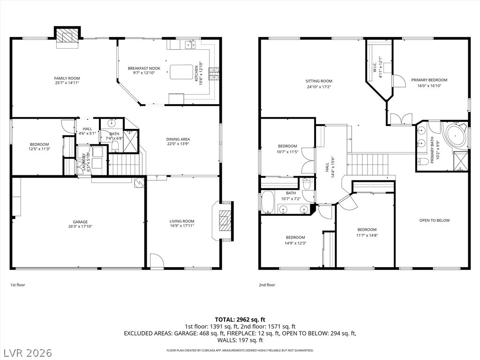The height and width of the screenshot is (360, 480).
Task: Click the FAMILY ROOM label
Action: [67, 78]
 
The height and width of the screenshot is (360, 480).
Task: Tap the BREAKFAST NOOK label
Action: [144, 68]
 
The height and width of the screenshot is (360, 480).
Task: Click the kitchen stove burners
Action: [214, 74]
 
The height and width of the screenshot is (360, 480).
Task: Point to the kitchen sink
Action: [190, 45]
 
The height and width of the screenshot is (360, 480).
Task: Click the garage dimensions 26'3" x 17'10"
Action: [80, 226]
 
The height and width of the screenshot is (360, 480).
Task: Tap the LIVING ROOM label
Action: [182, 221]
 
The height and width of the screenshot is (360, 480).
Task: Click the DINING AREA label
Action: [178, 139]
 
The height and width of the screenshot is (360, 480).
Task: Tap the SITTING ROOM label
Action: [319, 81]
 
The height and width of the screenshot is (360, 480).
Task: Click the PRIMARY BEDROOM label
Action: [429, 80]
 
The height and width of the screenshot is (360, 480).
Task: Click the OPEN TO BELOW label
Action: [435, 220]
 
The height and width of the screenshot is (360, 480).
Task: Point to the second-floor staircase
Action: [367, 164]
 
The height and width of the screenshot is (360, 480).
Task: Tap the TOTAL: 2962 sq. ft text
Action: [240, 320]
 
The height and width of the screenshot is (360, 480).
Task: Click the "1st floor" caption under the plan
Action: [18, 285]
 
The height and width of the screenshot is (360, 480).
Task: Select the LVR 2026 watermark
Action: [27, 352]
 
